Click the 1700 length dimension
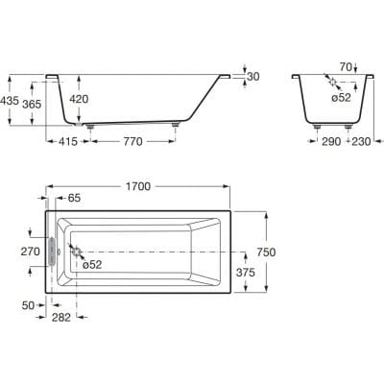coord(137,186)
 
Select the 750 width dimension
coord(266,252)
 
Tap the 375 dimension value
coord(246,273)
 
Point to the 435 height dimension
coord(9,101)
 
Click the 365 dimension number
coord(32,104)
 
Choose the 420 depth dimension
coord(79,99)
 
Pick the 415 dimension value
coord(68,141)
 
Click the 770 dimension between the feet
coord(132,141)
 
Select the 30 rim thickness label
coord(253,77)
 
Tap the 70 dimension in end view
coord(346,67)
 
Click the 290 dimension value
coord(331,141)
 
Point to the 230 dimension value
coord(361,141)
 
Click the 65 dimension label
coord(74,198)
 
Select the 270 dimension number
coord(31,252)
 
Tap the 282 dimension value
coord(60,317)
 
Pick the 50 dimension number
coord(28,305)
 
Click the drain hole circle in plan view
coord(77,252)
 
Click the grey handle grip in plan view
coord(52,252)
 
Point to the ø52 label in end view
coord(341,97)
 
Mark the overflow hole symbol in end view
coord(333,83)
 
